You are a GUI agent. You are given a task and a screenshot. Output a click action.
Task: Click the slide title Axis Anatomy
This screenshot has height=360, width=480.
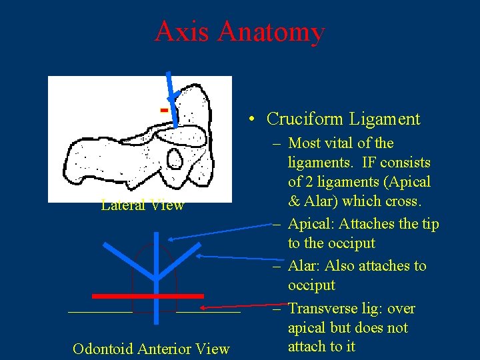[239, 31]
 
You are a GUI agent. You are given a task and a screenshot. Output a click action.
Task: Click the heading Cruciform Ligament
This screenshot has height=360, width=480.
[343, 119]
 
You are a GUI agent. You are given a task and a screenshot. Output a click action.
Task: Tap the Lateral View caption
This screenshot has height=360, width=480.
[142, 205]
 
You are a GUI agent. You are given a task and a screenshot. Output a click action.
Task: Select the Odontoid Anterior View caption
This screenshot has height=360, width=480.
[151, 349]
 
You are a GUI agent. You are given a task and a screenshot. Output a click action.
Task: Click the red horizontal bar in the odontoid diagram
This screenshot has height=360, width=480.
[147, 295]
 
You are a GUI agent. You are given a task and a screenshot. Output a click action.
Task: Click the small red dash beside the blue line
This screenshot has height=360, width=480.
[163, 108]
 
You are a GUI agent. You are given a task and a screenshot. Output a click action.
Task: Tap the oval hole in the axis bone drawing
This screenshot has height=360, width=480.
[175, 158]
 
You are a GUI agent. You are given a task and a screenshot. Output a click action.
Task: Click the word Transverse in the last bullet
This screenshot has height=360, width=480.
[321, 309]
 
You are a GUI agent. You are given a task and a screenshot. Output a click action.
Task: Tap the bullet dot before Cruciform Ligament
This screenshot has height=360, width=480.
[249, 120]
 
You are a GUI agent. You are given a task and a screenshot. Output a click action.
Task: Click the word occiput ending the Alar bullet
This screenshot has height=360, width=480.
[311, 285]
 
